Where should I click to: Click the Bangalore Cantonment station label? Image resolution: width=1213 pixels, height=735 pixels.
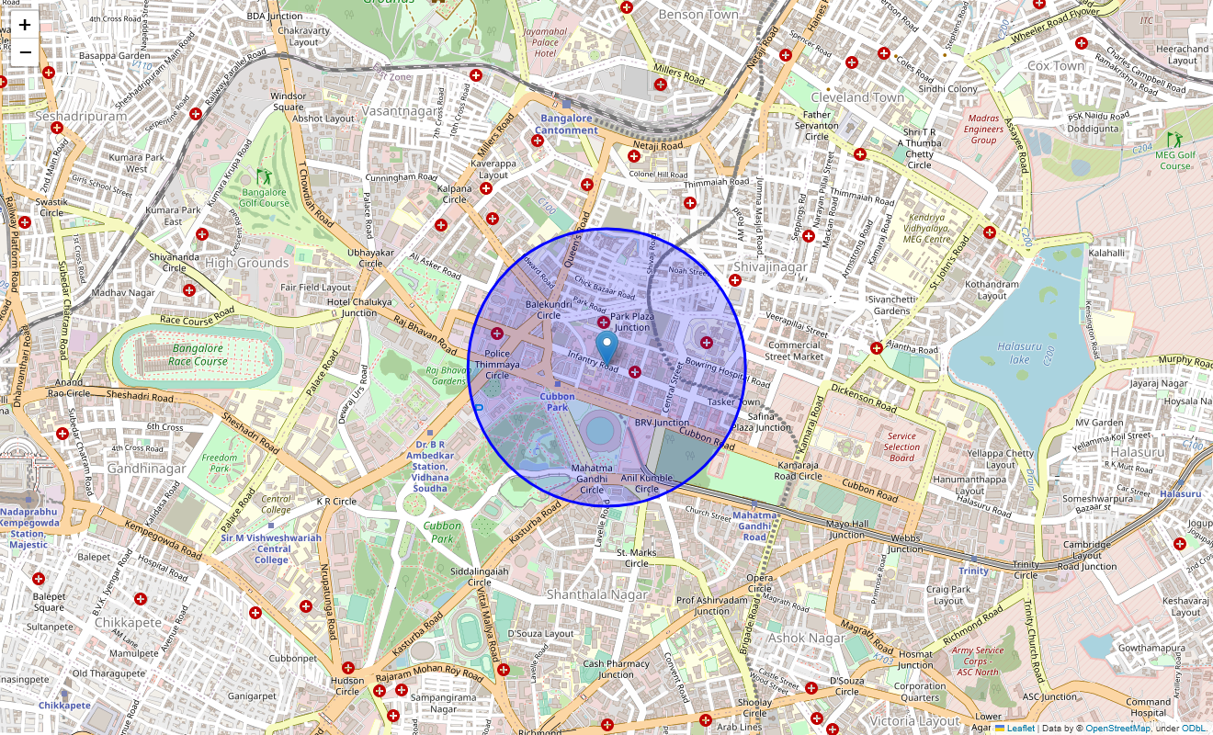[567, 124]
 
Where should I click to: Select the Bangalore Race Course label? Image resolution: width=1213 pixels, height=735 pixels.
[198, 355]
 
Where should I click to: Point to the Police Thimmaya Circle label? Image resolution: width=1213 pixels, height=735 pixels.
[497, 364]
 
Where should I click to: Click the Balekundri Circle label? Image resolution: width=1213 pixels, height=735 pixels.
[548, 310]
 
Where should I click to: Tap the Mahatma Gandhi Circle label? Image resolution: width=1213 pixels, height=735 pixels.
[591, 479]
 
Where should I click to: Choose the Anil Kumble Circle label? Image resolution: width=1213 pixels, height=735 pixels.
[647, 483]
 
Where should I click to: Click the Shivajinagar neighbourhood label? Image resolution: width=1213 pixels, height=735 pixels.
[769, 267]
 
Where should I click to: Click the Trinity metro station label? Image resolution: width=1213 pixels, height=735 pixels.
[973, 571]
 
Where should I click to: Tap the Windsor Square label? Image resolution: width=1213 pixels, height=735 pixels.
[288, 101]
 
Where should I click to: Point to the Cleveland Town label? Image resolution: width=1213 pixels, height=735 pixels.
[857, 96]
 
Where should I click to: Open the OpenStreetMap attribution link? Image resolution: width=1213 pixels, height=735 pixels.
[1117, 729]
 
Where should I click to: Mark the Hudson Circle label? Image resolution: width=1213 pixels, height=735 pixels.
[347, 685]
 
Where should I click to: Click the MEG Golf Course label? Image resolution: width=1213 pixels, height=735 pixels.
[1175, 160]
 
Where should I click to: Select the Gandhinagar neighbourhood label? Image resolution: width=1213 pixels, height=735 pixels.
[147, 468]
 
